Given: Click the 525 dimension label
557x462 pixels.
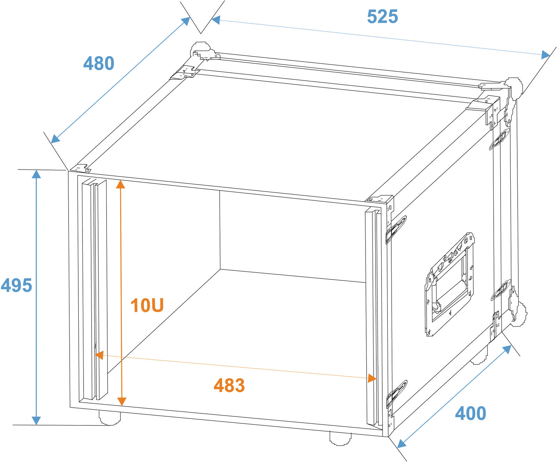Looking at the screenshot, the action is coord(382,17).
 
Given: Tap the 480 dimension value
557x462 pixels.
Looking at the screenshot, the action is coord(99,63).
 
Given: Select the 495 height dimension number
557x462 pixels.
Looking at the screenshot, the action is coord(16,285).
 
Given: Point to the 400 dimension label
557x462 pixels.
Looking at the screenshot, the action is coord(470,413).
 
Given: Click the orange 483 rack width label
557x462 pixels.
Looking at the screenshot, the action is coord(229,385).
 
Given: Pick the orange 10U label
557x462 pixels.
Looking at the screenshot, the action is coord(147,305).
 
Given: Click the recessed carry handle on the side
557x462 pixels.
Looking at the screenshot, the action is coord(449,284).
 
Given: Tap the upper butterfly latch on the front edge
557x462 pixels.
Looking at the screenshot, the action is coord(396,229).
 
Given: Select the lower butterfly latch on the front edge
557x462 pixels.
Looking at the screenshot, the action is coord(397,394).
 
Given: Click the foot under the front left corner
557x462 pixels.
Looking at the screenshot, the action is coord(109,417).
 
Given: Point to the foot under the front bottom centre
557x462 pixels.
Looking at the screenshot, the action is coord(340,438).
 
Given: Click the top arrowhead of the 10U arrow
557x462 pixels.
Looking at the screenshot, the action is coord(120,184).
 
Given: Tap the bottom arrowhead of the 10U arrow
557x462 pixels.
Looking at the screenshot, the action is coord(121,401).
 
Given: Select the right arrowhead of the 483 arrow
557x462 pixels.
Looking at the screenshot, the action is coord(372,378).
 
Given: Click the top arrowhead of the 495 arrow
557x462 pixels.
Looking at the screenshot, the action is coord(36,174).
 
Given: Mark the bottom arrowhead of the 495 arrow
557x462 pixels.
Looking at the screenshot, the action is coord(36,421).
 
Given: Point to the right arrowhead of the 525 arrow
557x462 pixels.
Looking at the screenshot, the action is coord(546,55).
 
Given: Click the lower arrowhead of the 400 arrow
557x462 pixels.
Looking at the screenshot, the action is coord(402,443).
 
